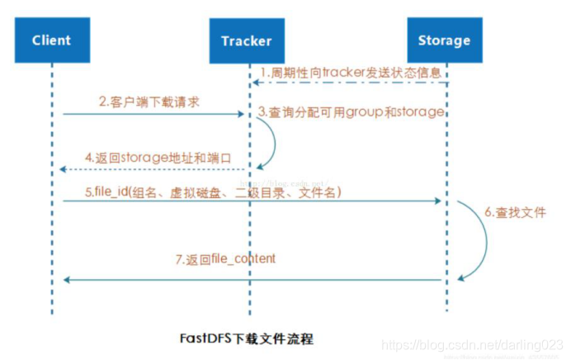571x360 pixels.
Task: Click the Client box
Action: coord(51,39)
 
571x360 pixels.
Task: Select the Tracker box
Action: coord(246,40)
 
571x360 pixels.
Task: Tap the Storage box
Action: coord(444,39)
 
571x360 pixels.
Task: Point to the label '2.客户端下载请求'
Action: coord(149,102)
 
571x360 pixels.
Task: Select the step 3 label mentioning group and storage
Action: coord(351,111)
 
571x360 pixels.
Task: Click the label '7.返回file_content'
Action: coord(215,258)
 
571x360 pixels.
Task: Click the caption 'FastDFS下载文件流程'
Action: coord(247,339)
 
